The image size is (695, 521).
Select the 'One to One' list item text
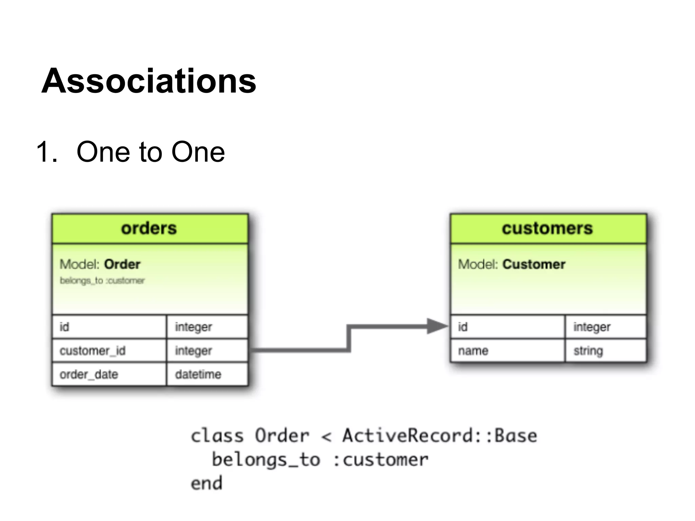click(x=150, y=152)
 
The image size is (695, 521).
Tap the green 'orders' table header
click(x=149, y=228)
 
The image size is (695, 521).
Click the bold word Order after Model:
click(x=122, y=264)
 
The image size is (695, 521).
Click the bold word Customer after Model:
click(x=534, y=264)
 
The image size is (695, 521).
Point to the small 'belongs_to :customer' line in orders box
click(x=102, y=281)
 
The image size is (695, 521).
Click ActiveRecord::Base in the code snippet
click(x=439, y=436)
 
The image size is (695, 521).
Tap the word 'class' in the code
click(x=217, y=436)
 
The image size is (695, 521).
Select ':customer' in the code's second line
click(x=381, y=460)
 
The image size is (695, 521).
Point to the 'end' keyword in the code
click(x=206, y=483)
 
